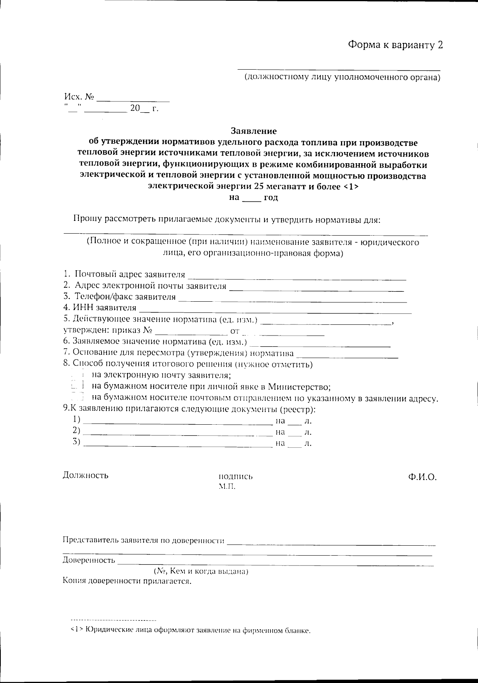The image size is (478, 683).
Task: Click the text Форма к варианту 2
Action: pyautogui.click(x=395, y=45)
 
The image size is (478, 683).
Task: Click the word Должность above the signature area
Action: pyautogui.click(x=85, y=475)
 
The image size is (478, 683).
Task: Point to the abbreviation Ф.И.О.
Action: pyautogui.click(x=422, y=477)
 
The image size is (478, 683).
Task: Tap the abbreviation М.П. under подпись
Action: pyautogui.click(x=227, y=486)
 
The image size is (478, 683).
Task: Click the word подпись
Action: pyautogui.click(x=235, y=476)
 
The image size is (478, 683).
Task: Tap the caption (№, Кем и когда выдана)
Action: pyautogui.click(x=201, y=572)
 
